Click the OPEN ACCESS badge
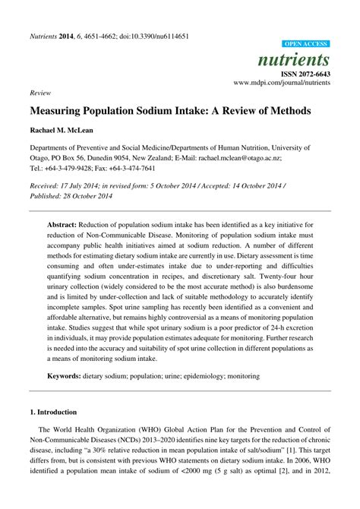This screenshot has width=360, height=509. coord(306,45)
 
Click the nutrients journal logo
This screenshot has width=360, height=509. coord(303,59)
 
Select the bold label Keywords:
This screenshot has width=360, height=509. coord(70,375)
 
